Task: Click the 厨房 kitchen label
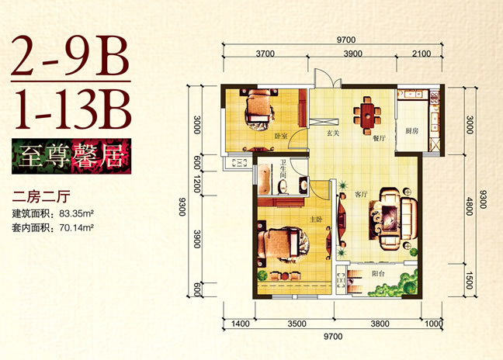coord(411,131)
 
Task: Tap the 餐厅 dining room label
coord(379,138)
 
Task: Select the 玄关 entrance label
coord(333,133)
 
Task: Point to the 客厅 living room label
coord(361,194)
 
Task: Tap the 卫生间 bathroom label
coord(283,169)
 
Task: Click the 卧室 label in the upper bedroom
coord(281,137)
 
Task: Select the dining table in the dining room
coord(368,116)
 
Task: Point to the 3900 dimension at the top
coord(352,54)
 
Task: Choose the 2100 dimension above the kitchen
coord(421,54)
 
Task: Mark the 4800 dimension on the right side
coord(470,206)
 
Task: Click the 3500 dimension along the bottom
coord(297,324)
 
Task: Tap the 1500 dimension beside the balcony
coord(469,280)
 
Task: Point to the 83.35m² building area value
coord(76,213)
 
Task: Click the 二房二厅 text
coord(41,196)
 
